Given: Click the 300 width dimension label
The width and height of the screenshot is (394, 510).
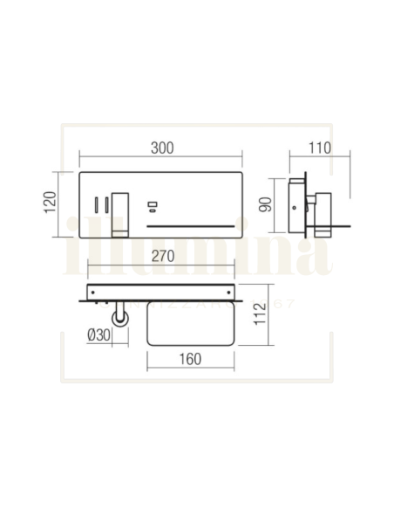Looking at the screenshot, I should click(161, 148).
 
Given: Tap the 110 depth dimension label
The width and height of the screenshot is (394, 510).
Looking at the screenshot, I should click(320, 148).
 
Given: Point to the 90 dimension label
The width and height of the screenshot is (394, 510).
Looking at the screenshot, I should click(266, 204).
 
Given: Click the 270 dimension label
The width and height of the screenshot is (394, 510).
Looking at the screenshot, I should click(160, 257).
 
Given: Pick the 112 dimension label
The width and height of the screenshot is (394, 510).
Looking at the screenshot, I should click(258, 314).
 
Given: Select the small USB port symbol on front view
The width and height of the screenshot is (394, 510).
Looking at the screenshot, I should click(153, 207).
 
